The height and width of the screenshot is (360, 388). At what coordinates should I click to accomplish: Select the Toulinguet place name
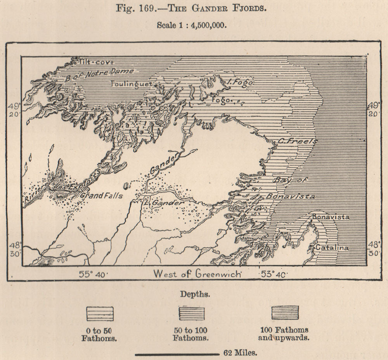[132, 83]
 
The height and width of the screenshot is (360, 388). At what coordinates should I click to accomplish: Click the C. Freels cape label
[298, 141]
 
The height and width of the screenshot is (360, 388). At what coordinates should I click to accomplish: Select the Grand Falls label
[101, 196]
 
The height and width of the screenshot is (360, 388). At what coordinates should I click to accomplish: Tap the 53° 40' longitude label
[273, 274]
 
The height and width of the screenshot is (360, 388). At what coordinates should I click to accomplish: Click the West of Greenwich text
[197, 273]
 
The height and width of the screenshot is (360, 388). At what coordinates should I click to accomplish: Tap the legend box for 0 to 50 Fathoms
[100, 313]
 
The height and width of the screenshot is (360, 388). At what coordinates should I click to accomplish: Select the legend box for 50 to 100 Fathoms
[191, 313]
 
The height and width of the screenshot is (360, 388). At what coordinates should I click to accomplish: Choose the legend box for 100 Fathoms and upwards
[285, 313]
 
